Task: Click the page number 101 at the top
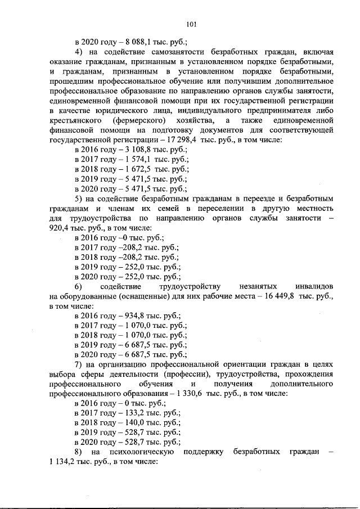coord(191,24)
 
